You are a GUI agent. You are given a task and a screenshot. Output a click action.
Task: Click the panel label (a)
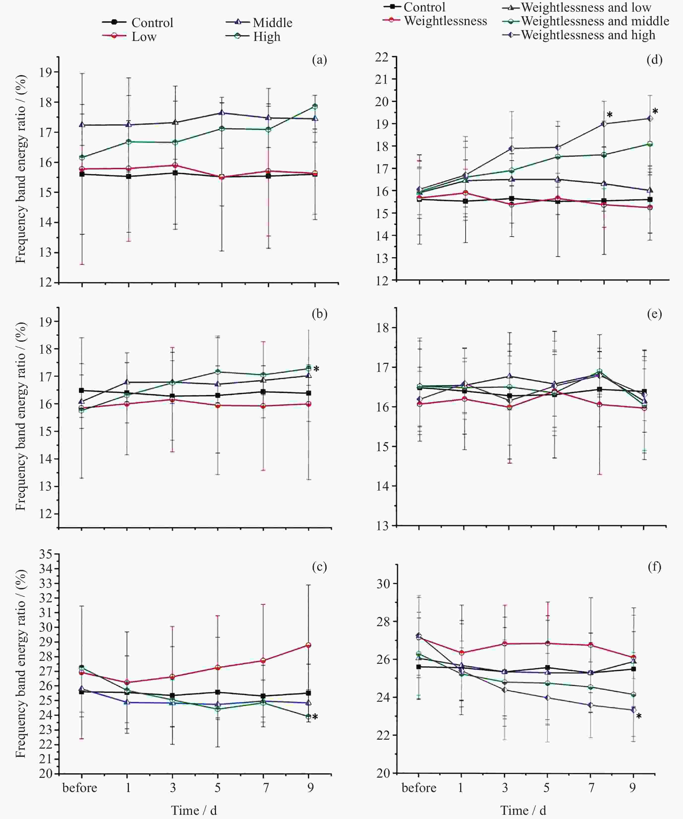pyautogui.click(x=319, y=60)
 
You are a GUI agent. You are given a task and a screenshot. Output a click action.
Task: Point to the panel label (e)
pyautogui.click(x=655, y=314)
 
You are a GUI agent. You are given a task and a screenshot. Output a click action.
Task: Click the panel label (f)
pyautogui.click(x=655, y=567)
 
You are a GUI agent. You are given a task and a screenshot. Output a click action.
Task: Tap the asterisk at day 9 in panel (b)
pyautogui.click(x=316, y=369)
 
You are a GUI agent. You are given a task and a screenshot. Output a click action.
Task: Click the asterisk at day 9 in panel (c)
pyautogui.click(x=315, y=717)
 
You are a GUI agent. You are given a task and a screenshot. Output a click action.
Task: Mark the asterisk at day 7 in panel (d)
pyautogui.click(x=610, y=115)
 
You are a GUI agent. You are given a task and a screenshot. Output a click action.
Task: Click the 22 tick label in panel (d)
pyautogui.click(x=382, y=57)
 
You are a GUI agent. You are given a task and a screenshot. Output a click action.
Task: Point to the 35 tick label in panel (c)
pyautogui.click(x=46, y=554)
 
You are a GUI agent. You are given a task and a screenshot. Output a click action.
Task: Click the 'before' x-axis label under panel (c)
pyautogui.click(x=80, y=788)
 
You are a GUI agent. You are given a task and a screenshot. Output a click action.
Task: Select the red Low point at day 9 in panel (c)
pyautogui.click(x=308, y=645)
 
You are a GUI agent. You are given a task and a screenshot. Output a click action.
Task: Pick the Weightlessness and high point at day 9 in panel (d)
pyautogui.click(x=650, y=118)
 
